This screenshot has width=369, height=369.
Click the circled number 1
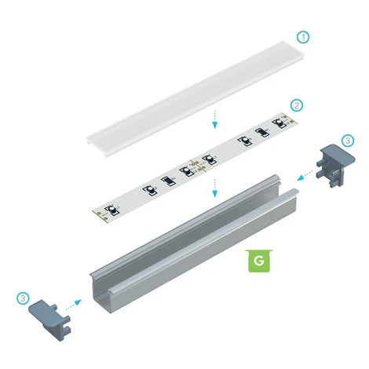pyautogui.click(x=303, y=37)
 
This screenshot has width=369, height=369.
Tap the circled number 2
pyautogui.click(x=297, y=105)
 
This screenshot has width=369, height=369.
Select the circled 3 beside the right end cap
pyautogui.click(x=348, y=141)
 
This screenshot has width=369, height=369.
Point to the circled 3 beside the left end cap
pyautogui.click(x=23, y=298)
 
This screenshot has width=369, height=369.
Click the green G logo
pyautogui.click(x=259, y=261)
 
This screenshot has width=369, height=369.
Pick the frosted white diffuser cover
pyautogui.click(x=195, y=99)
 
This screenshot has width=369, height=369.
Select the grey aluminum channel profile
pyautogui.click(x=194, y=244)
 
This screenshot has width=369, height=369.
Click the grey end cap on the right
pyautogui.click(x=335, y=165)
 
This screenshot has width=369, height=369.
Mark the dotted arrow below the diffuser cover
pyautogui.click(x=214, y=119)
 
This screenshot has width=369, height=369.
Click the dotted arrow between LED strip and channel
pyautogui.click(x=214, y=188)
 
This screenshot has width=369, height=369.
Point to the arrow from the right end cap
pyautogui.click(x=305, y=175)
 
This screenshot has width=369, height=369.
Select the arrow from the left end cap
pyautogui.click(x=74, y=305)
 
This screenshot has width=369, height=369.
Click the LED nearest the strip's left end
pyautogui.click(x=111, y=210)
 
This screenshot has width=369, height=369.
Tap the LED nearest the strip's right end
pyautogui.click(x=279, y=122)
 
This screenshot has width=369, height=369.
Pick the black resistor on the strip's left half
pyautogui.click(x=167, y=181)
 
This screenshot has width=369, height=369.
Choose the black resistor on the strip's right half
pyautogui.click(x=262, y=132)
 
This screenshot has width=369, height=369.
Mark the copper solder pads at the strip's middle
pyautogui.click(x=196, y=167)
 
